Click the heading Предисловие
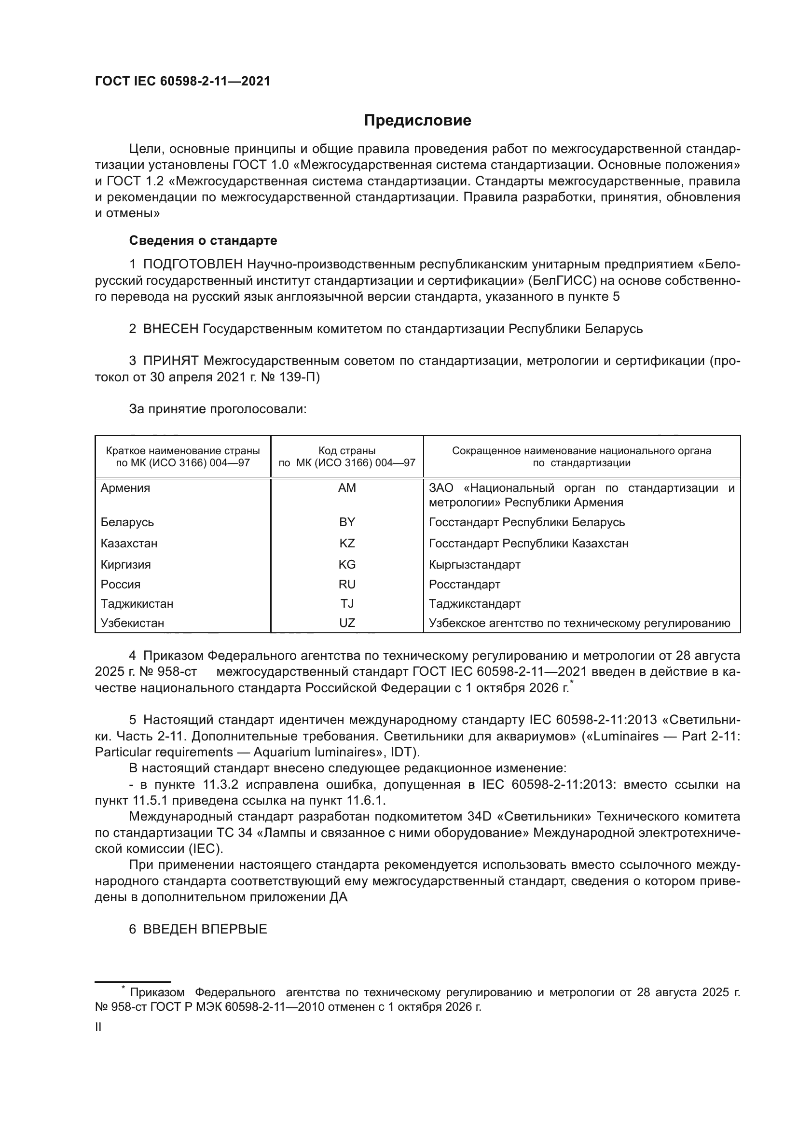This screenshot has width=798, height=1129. [417, 121]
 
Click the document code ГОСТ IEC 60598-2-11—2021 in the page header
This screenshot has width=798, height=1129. [182, 82]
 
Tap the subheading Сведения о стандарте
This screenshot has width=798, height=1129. [203, 240]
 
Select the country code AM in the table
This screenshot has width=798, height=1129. [347, 488]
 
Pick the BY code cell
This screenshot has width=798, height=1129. [347, 522]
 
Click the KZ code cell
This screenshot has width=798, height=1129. [347, 544]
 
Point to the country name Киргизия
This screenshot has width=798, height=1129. [126, 565]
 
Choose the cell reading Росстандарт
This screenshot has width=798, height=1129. [464, 584]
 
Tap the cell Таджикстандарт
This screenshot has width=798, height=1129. [474, 603]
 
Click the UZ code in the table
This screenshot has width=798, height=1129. [347, 623]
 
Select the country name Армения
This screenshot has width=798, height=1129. [125, 488]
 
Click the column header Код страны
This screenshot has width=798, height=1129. [347, 450]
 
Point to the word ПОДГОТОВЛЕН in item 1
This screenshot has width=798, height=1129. [193, 265]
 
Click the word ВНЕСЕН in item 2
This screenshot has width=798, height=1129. [170, 329]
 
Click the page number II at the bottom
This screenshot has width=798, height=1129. [98, 1027]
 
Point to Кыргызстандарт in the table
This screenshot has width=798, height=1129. [474, 565]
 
